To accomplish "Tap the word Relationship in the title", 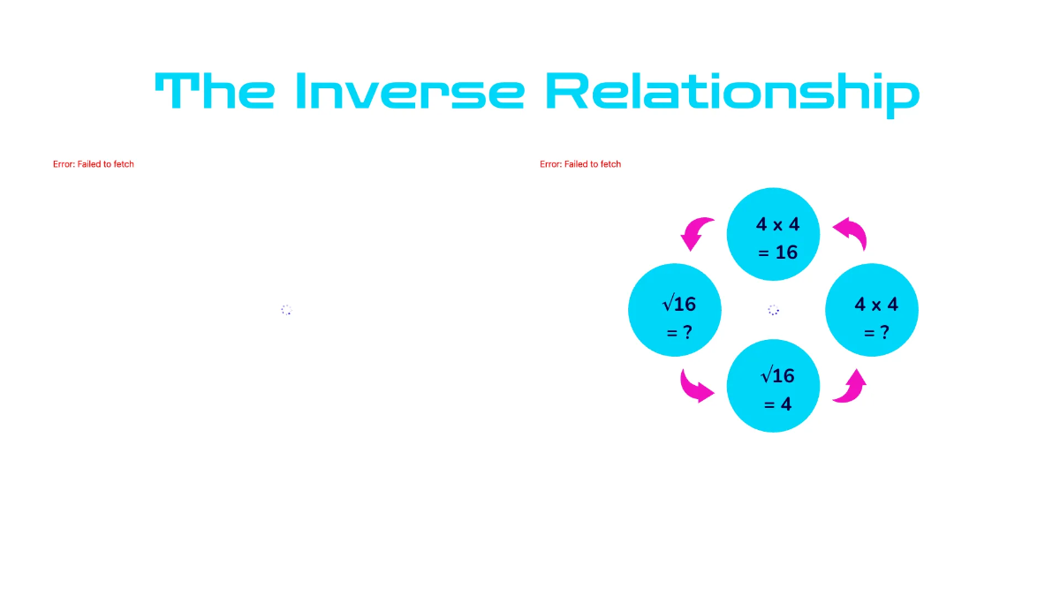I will (x=731, y=92).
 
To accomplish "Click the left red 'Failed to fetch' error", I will (x=94, y=164).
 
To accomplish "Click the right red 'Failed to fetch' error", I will (x=580, y=164).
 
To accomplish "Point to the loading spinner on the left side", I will (x=286, y=310).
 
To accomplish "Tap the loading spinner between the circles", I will (x=774, y=310).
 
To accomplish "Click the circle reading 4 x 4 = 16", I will (x=774, y=235).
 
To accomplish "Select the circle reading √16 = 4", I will (x=774, y=387).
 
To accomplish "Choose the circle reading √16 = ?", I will (x=675, y=311).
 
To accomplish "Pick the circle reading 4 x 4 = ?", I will (x=872, y=311).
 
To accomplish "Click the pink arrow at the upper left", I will (x=697, y=233).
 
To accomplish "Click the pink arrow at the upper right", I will (x=852, y=233).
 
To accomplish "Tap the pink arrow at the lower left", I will (x=697, y=385).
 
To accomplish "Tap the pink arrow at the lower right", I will (x=850, y=387).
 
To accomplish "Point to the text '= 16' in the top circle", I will (x=777, y=253).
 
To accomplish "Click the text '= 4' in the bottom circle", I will (x=777, y=404).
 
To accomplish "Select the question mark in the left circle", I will (x=687, y=333).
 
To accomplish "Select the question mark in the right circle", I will (x=883, y=333).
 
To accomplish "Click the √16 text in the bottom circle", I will (x=777, y=375).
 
